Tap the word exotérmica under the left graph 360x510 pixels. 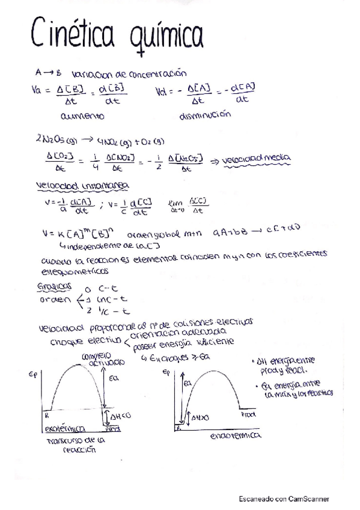[x=65, y=429]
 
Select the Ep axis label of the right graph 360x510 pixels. [x=166, y=372]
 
